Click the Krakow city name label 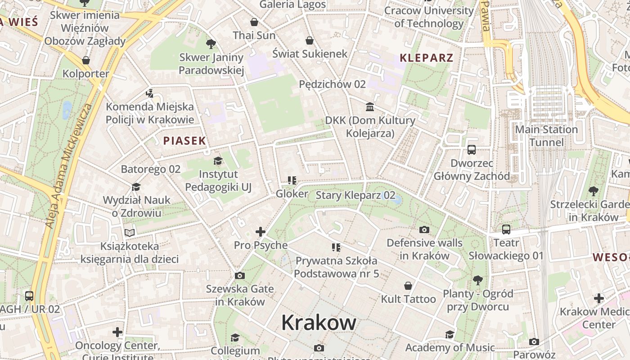pyautogui.click(x=319, y=323)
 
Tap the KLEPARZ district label pyautogui.click(x=427, y=58)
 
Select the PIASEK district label pyautogui.click(x=184, y=141)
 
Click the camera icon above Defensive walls pyautogui.click(x=424, y=230)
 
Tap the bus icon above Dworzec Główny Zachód pyautogui.click(x=472, y=150)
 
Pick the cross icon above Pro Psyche pyautogui.click(x=261, y=232)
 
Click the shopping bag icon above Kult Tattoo pyautogui.click(x=408, y=286)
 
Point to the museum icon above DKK pyautogui.click(x=370, y=107)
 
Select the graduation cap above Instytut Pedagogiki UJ pyautogui.click(x=218, y=161)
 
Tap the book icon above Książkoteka pyautogui.click(x=130, y=233)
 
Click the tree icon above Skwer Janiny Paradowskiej pyautogui.click(x=211, y=44)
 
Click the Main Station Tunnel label pyautogui.click(x=546, y=136)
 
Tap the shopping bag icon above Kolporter pyautogui.click(x=86, y=60)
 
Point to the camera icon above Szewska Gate pyautogui.click(x=240, y=275)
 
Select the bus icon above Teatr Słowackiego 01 pyautogui.click(x=506, y=229)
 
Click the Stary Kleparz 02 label pyautogui.click(x=355, y=195)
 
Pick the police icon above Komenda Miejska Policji pyautogui.click(x=150, y=94)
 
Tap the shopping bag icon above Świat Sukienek pyautogui.click(x=310, y=40)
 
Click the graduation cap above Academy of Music pyautogui.click(x=450, y=334)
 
